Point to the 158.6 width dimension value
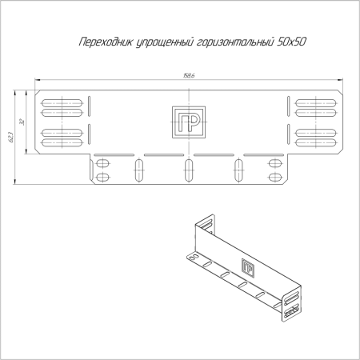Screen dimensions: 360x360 189,77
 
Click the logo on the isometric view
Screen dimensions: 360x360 248,268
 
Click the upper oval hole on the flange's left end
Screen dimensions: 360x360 102,164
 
